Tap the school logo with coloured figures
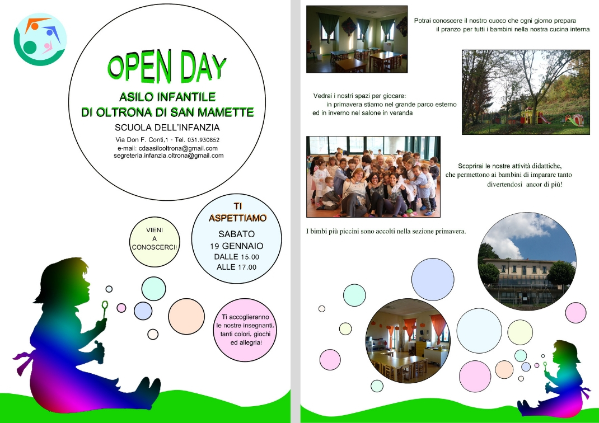pyautogui.click(x=40, y=39)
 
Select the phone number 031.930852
pyautogui.click(x=203, y=140)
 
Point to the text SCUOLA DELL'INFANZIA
pyautogui.click(x=167, y=128)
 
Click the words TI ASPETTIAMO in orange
pyautogui.click(x=237, y=212)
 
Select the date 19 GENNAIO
pyautogui.click(x=236, y=246)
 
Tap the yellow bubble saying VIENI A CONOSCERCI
pyautogui.click(x=155, y=241)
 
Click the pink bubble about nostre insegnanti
pyautogui.click(x=245, y=330)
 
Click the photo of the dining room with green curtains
pyautogui.click(x=357, y=39)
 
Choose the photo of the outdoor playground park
pyautogui.click(x=526, y=92)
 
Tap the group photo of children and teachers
pyautogui.click(x=373, y=177)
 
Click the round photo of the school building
pyautogui.click(x=527, y=261)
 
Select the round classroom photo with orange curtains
pyautogui.click(x=408, y=341)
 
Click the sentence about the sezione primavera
pyautogui.click(x=386, y=231)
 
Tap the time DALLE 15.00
pyautogui.click(x=236, y=257)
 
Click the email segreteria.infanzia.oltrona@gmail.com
pyautogui.click(x=169, y=156)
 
